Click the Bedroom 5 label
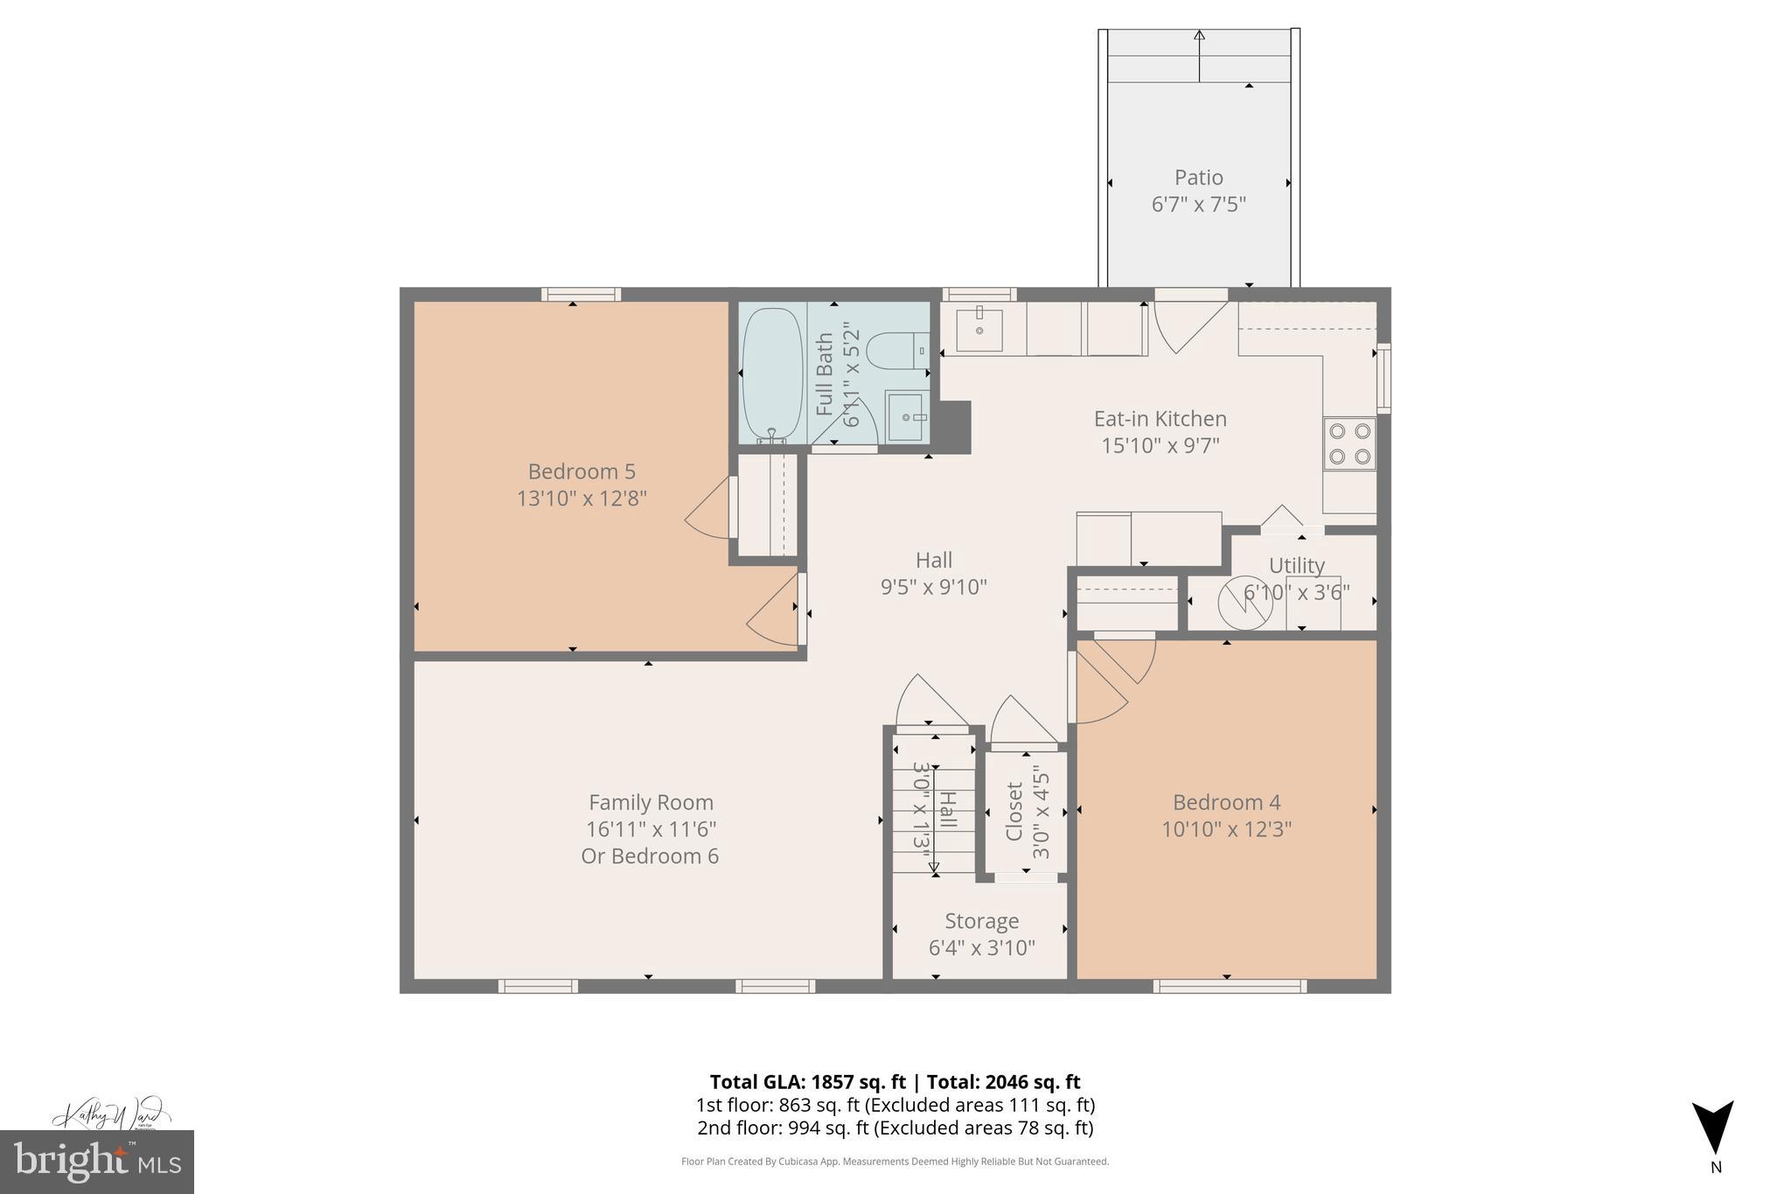tap(581, 472)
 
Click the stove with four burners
tap(1349, 443)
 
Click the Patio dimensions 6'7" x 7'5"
tap(1198, 205)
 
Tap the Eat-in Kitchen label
tap(1160, 419)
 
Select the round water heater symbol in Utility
tap(1245, 603)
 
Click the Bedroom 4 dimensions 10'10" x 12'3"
tap(1226, 829)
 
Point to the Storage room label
tap(981, 921)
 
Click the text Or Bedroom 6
tap(650, 856)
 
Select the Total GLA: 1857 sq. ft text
tap(806, 1082)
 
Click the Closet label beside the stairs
tap(1014, 812)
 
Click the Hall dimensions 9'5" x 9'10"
tap(933, 587)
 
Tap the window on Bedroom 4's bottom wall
tap(1229, 987)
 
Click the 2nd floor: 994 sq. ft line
tap(895, 1128)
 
